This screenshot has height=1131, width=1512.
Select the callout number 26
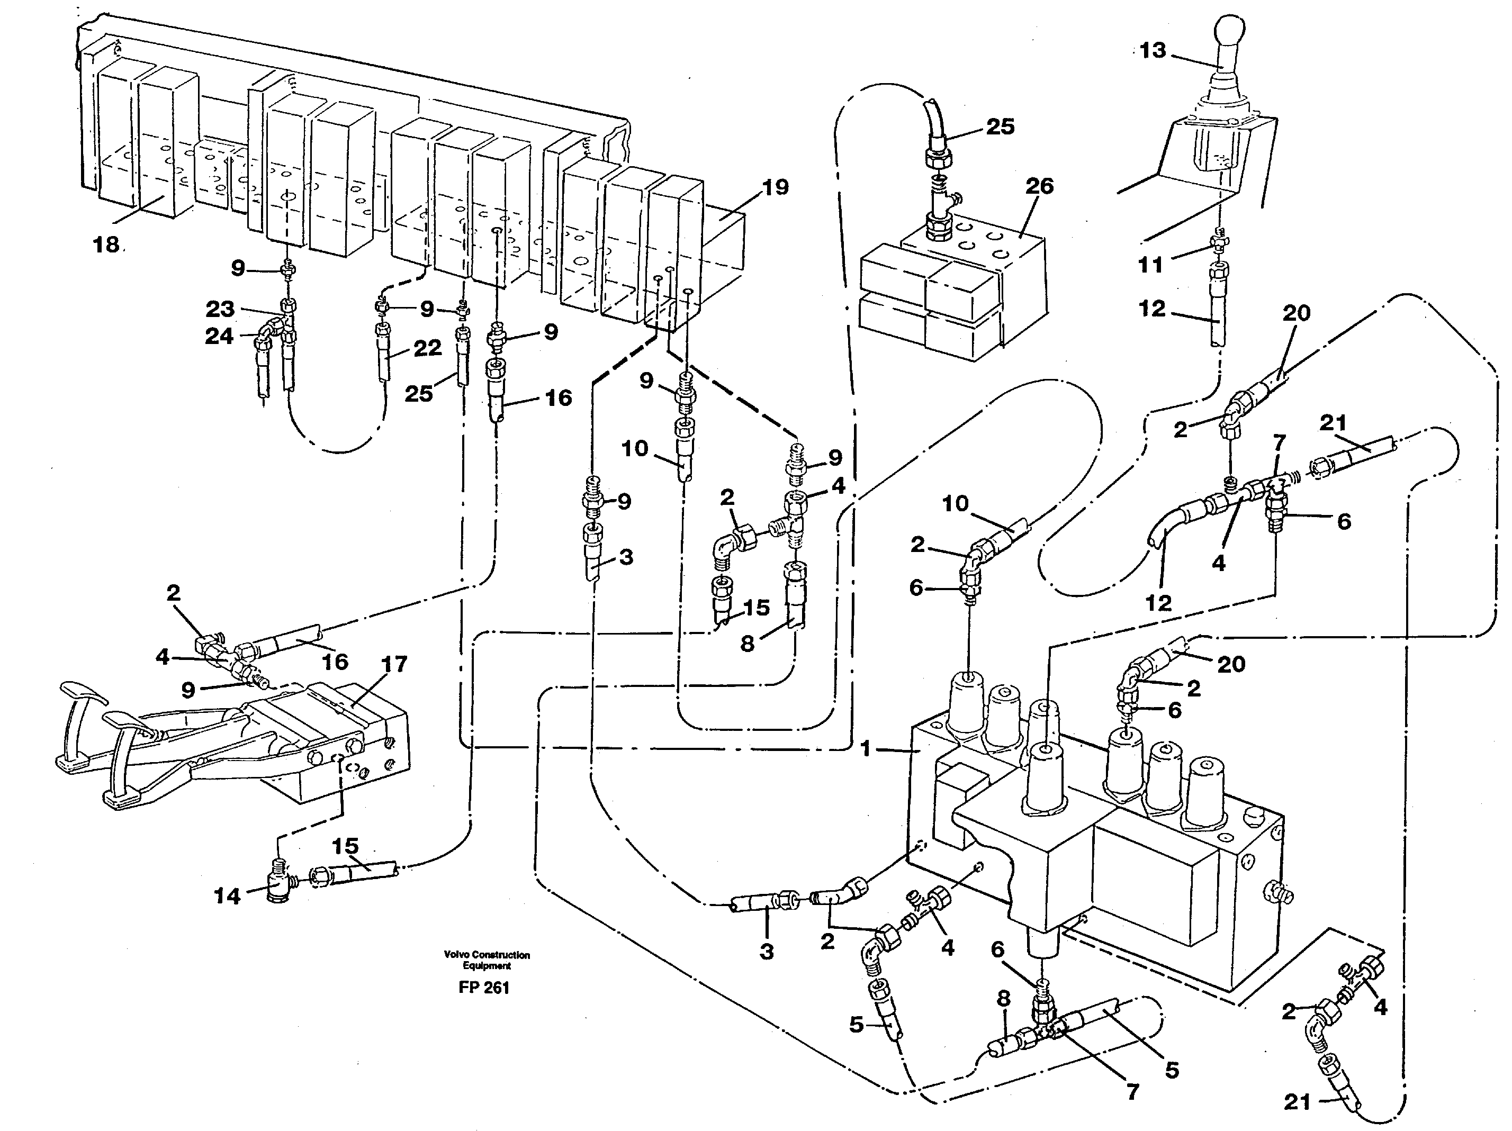(x=1039, y=186)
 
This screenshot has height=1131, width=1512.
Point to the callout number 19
(x=775, y=187)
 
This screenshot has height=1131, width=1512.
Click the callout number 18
(x=106, y=244)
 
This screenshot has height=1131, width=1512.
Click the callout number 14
(x=228, y=896)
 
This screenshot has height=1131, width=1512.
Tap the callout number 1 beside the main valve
(x=866, y=749)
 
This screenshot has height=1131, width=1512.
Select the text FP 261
(x=484, y=988)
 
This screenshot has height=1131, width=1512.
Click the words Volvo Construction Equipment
(x=486, y=960)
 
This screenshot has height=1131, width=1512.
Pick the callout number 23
(x=220, y=309)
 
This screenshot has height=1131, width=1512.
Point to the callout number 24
(x=219, y=336)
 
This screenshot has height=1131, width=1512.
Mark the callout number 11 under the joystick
(x=1150, y=265)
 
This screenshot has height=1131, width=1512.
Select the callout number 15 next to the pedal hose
(x=345, y=846)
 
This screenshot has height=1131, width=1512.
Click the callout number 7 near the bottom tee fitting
(x=1132, y=1092)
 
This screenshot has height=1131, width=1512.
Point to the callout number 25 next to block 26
(x=1000, y=126)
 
